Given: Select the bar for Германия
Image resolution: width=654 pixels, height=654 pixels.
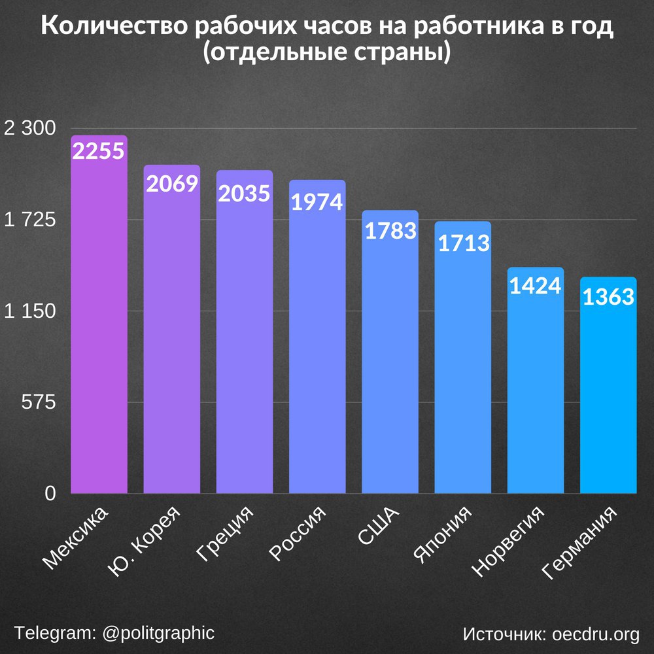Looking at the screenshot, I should pyautogui.click(x=608, y=392).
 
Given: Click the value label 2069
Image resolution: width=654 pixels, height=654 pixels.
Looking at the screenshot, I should pyautogui.click(x=172, y=184).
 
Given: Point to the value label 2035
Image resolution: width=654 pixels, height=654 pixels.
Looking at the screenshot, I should pyautogui.click(x=244, y=194).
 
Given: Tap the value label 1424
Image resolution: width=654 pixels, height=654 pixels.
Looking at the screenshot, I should pyautogui.click(x=536, y=286).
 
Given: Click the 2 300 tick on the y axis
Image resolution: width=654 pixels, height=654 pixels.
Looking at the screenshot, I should pyautogui.click(x=30, y=129).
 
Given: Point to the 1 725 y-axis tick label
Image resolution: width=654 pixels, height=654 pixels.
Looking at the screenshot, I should pyautogui.click(x=30, y=220).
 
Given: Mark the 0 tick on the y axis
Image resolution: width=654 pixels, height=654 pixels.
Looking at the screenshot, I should pyautogui.click(x=50, y=494).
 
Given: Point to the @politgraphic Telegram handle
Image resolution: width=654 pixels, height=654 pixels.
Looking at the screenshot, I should pyautogui.click(x=158, y=633).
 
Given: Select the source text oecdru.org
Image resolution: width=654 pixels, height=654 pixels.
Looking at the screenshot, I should pyautogui.click(x=596, y=634).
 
